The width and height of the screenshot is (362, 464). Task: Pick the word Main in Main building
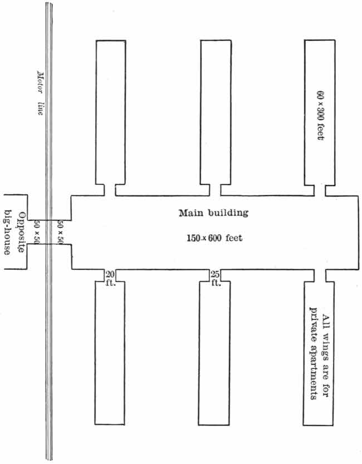coord(190,213)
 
